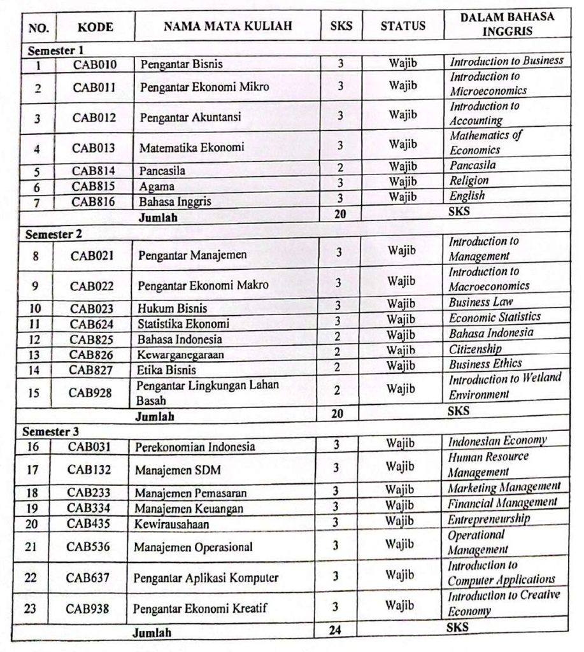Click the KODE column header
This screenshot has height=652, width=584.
[x=96, y=27]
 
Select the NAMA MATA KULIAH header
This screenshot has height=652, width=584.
[x=227, y=26]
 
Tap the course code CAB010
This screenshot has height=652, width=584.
[x=94, y=64]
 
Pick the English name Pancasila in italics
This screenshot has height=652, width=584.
[x=473, y=165]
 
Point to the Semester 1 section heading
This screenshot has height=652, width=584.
[x=55, y=50]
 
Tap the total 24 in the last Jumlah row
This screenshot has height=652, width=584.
[x=336, y=630]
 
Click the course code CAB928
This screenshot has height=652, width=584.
[x=90, y=393]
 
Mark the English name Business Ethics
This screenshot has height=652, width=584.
[x=485, y=364]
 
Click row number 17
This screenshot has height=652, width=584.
[x=33, y=471]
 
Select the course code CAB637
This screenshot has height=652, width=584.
[x=88, y=578]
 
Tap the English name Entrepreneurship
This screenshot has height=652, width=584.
[x=488, y=519]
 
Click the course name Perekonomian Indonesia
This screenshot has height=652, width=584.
[x=195, y=446]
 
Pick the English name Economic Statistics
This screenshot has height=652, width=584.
[x=494, y=317]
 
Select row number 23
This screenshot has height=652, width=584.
[x=30, y=608]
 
